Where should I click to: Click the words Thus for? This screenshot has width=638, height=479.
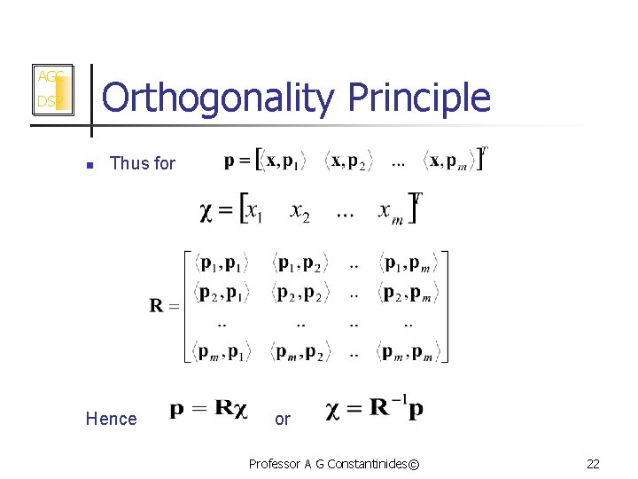pos(143,163)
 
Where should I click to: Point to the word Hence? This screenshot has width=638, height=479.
pos(111,419)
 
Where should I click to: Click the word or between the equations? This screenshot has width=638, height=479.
pos(282,419)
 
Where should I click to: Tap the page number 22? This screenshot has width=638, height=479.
pos(592,464)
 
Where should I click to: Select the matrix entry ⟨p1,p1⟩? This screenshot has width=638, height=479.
pos(221,264)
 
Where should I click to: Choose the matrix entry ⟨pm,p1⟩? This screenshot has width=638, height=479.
pos(221,352)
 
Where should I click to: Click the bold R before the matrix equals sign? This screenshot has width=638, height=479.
pos(156,307)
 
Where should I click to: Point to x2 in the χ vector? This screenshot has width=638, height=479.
pos(300,215)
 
